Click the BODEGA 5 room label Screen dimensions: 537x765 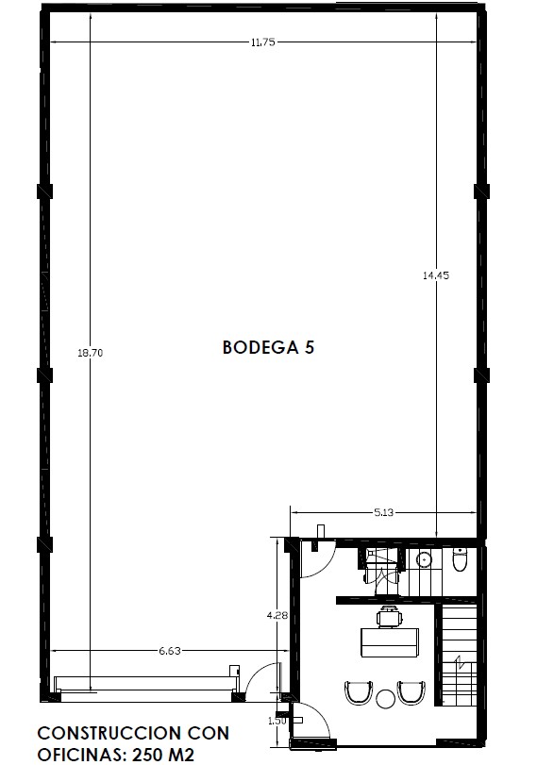[x=268, y=347]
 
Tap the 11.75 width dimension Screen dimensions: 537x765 [x=262, y=42]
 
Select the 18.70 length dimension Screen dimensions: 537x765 [x=91, y=352]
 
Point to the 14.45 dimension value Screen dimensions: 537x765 [x=436, y=275]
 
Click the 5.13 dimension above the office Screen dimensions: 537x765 [x=384, y=512]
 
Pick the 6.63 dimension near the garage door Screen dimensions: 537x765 [x=169, y=650]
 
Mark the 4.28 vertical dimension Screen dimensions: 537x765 [x=277, y=616]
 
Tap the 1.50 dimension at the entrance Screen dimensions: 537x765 [x=277, y=720]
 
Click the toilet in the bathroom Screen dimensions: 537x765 [x=460, y=559]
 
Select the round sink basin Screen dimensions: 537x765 [x=424, y=559]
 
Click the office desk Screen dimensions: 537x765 [x=390, y=642]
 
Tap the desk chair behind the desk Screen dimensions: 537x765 [x=390, y=616]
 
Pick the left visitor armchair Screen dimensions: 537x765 [x=359, y=692]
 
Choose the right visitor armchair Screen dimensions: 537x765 [x=411, y=692]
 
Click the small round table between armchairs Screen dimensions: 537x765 [x=385, y=699]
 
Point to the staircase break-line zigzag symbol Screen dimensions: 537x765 [x=460, y=662]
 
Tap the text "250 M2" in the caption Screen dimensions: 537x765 [x=163, y=755]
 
